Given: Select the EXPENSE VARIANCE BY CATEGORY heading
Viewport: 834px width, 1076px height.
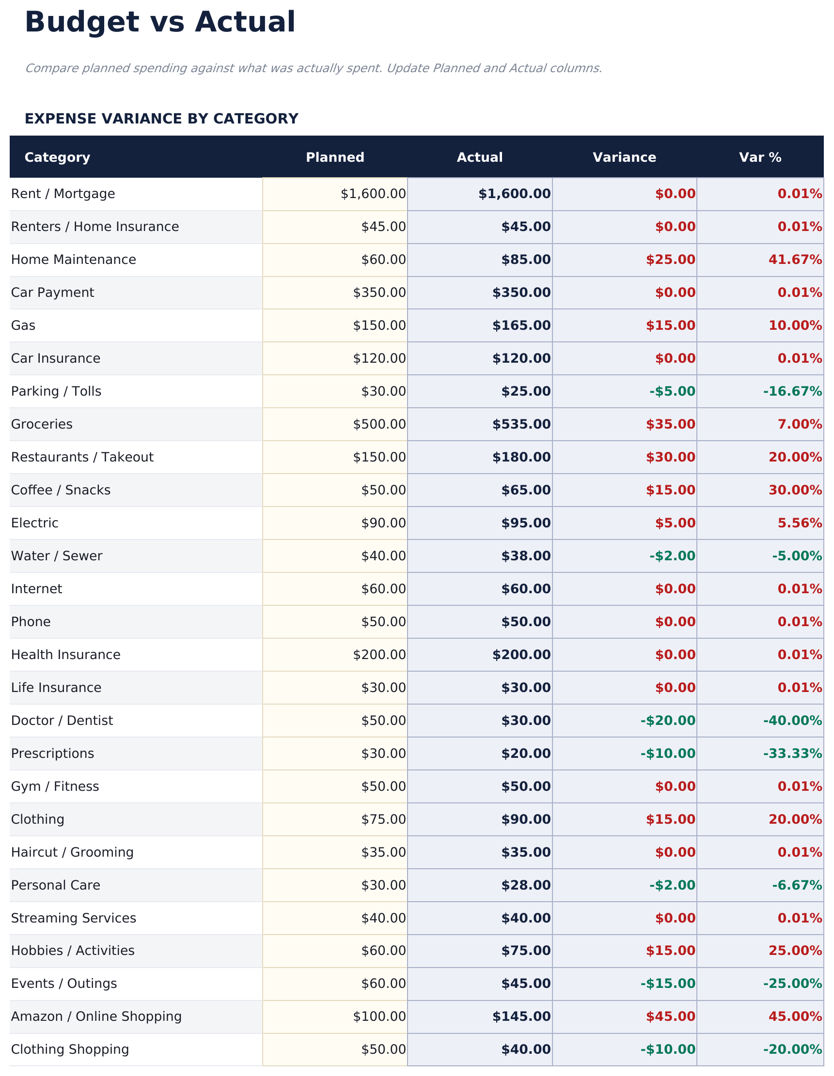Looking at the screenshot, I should [x=161, y=119].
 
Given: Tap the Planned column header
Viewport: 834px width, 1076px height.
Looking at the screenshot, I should [x=335, y=157].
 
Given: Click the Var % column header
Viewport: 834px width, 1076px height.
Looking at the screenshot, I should [x=759, y=157].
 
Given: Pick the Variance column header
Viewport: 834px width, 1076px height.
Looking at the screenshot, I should [x=624, y=157].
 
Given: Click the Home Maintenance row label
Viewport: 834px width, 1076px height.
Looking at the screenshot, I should [x=74, y=260].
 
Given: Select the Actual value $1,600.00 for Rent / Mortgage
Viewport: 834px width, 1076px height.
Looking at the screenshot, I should [x=514, y=194].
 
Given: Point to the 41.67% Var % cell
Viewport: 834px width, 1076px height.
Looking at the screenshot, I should [x=795, y=260].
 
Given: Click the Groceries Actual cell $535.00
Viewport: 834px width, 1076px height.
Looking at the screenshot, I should [x=521, y=424].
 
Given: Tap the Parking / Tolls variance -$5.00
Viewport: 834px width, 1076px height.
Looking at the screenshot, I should [x=672, y=391].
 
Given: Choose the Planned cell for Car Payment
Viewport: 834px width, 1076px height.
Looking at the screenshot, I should [x=379, y=292].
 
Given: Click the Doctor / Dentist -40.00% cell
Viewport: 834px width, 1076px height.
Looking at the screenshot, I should [x=792, y=720].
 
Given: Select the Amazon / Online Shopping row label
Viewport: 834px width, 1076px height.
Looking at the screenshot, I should [x=96, y=1016].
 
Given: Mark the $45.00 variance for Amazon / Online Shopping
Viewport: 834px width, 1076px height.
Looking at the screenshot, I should [x=670, y=1016].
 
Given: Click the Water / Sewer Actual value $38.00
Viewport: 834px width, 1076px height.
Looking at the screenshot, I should [x=525, y=556].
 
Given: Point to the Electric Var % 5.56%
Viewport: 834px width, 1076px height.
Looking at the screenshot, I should [x=800, y=523].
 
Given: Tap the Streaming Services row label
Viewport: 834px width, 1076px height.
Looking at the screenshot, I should [x=74, y=918].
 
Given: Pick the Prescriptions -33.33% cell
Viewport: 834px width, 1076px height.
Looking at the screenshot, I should [x=792, y=753].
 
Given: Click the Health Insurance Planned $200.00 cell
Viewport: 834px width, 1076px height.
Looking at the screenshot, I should [x=379, y=655].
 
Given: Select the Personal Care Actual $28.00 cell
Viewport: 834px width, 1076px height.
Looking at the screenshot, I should [x=525, y=885].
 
